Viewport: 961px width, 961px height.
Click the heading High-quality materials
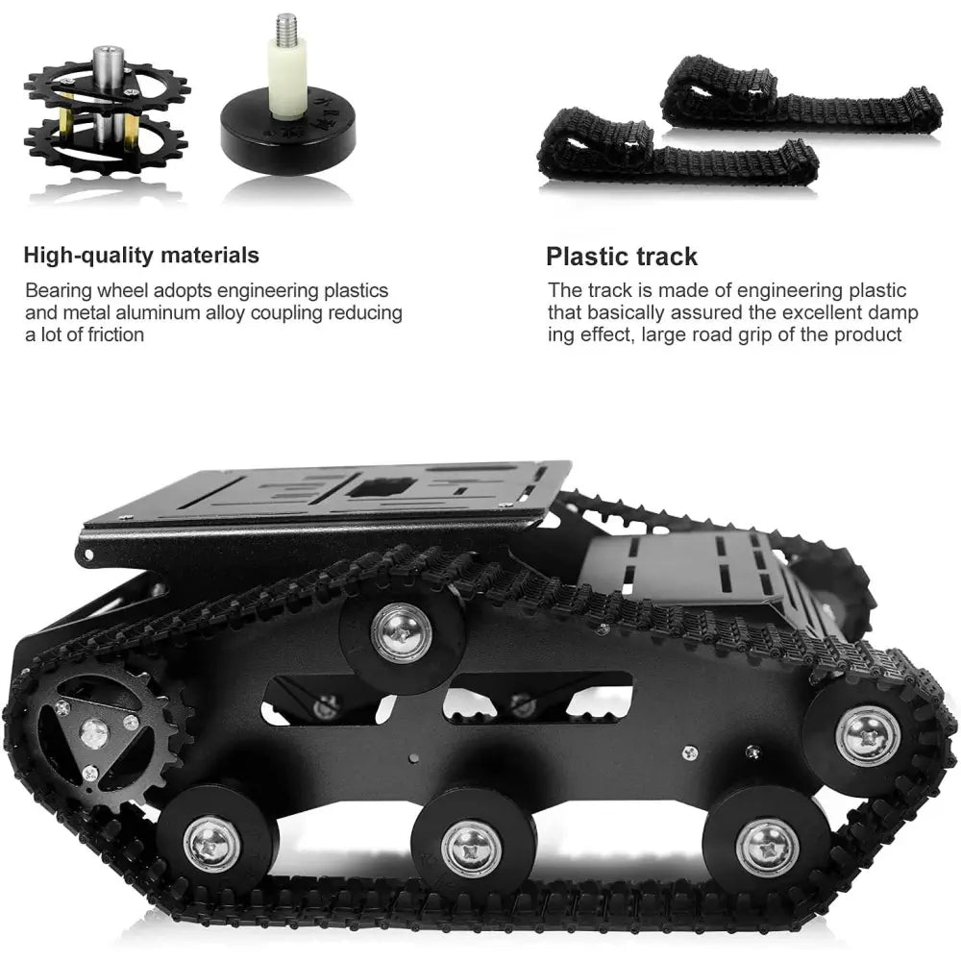coord(141,256)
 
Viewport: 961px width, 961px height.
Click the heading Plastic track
coord(622,257)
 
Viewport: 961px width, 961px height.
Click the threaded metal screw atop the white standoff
coord(286,28)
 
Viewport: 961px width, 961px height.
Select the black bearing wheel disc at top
coord(288,135)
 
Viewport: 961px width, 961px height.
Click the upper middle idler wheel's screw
coord(402,632)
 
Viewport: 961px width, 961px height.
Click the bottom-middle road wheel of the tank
coord(472,850)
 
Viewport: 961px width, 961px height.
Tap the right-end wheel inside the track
coord(867,735)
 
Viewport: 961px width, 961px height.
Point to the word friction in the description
coord(116,335)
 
